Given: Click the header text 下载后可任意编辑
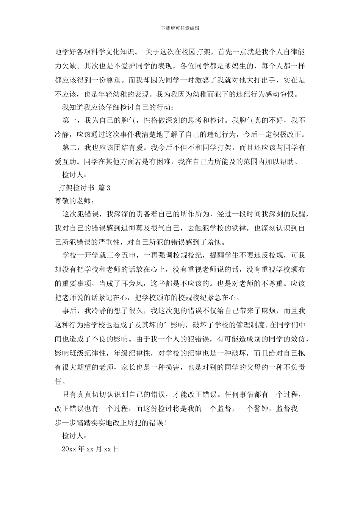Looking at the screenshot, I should [180, 28].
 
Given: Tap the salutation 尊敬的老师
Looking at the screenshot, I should [73, 201].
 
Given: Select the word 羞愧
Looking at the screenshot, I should [217, 242].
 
